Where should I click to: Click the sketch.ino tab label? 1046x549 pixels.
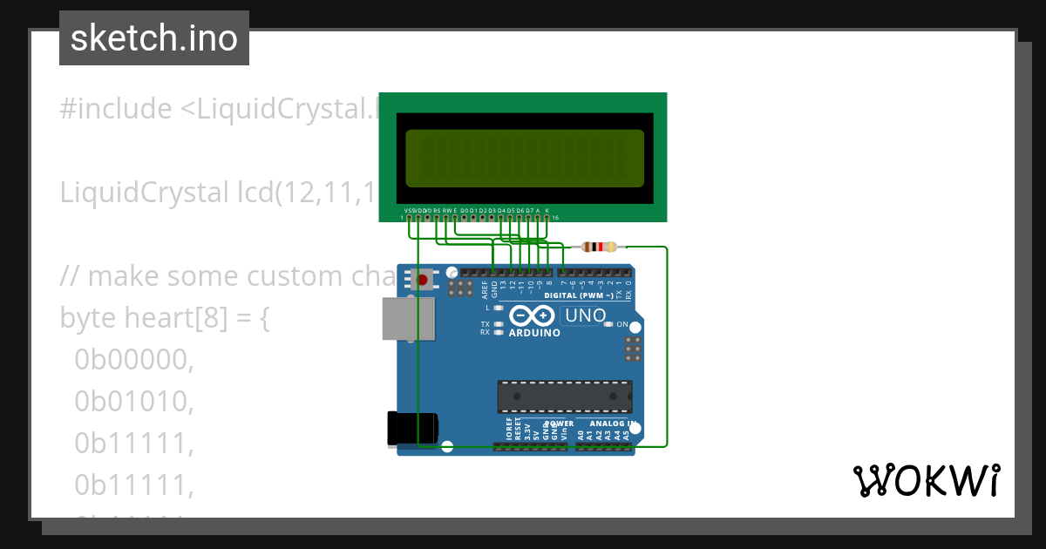[x=154, y=38]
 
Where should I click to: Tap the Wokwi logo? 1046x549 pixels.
[x=926, y=480]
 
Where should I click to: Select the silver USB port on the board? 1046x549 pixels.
[x=407, y=319]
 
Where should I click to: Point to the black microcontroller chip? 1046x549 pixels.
[x=565, y=396]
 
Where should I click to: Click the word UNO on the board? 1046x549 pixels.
[x=586, y=315]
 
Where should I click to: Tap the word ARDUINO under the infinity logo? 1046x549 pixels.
[x=533, y=334]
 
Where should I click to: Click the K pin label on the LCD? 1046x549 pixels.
[x=547, y=210]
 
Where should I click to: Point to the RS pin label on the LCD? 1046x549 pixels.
[x=436, y=210]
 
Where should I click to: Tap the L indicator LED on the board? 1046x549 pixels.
[x=499, y=308]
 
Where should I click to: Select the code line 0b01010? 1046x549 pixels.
[x=133, y=401]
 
